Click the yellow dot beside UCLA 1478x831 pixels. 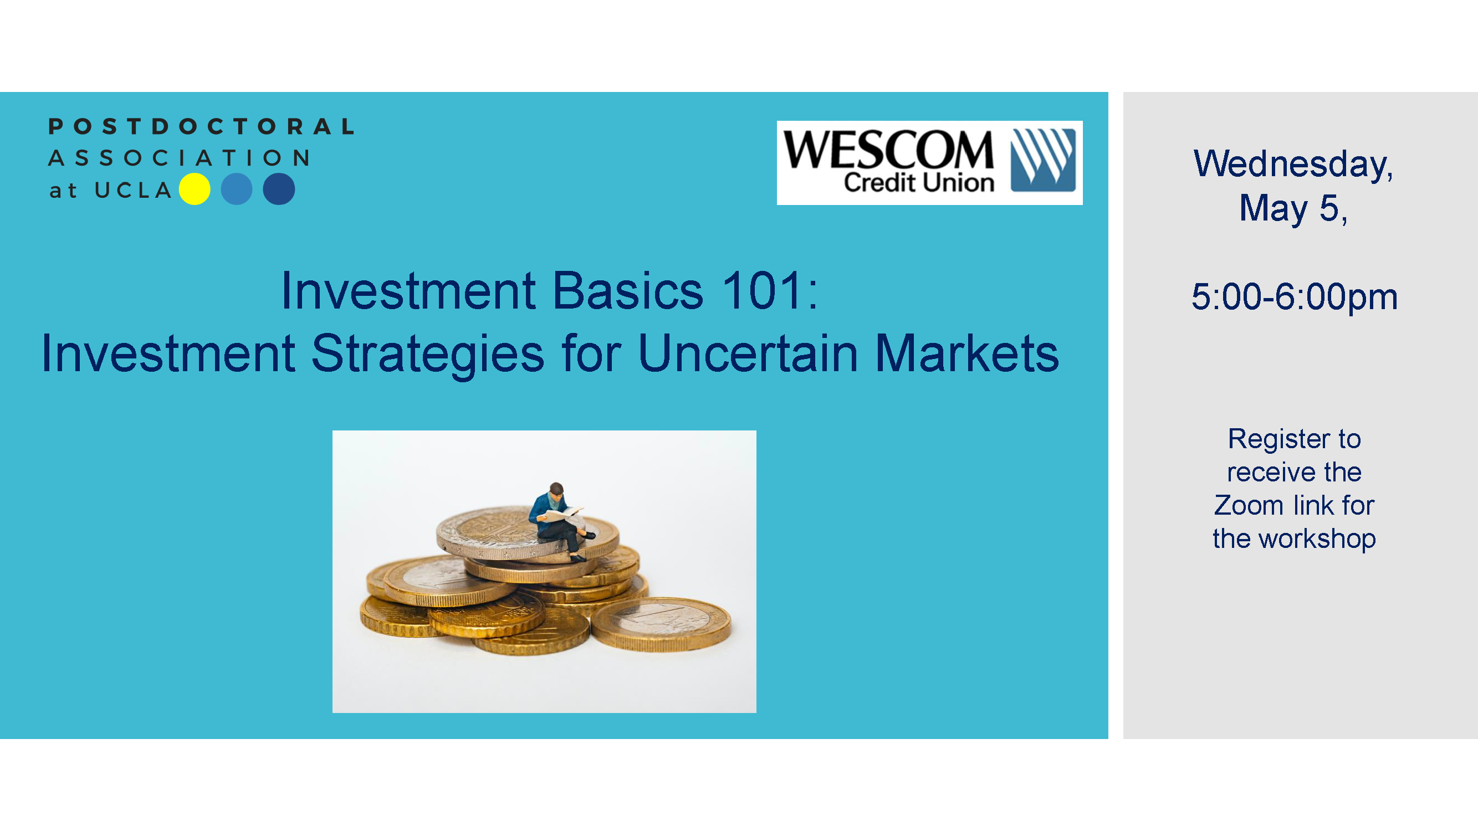tap(195, 189)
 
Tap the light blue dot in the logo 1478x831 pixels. tap(237, 189)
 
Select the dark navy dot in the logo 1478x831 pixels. tap(279, 189)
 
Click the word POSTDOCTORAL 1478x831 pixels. tap(201, 127)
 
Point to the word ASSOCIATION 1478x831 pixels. tap(180, 158)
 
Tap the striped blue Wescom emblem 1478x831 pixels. tap(1042, 160)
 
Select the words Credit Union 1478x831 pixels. tap(919, 183)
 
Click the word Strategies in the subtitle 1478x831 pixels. tap(427, 354)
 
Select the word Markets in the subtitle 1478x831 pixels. tap(967, 354)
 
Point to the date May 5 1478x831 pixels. tap(1293, 208)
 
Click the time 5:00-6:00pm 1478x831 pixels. tap(1295, 297)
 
